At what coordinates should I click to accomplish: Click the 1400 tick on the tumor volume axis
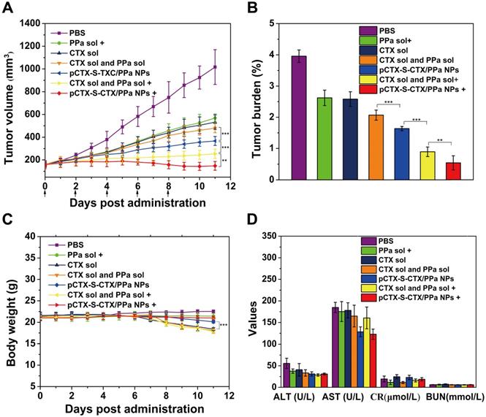31,24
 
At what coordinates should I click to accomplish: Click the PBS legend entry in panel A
81,33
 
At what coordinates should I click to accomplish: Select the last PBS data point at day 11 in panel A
216,67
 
